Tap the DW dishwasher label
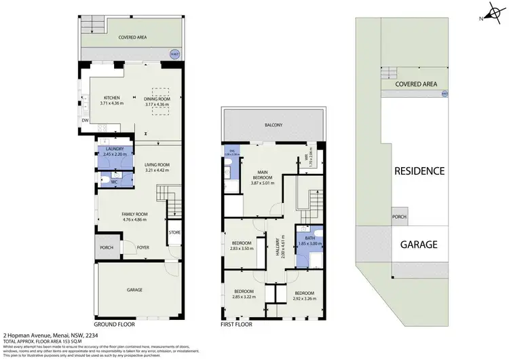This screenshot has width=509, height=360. [85, 121]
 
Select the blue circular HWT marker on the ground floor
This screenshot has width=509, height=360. [174, 55]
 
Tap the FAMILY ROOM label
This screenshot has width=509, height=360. [134, 214]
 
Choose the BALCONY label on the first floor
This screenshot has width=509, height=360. [274, 125]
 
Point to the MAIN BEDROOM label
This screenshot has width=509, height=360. [265, 174]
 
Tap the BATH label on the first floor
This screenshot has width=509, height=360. [309, 237]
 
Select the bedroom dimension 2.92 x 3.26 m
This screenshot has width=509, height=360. [303, 298]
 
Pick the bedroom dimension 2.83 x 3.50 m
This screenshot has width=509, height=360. [242, 249]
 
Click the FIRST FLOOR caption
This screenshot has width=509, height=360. [237, 325]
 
